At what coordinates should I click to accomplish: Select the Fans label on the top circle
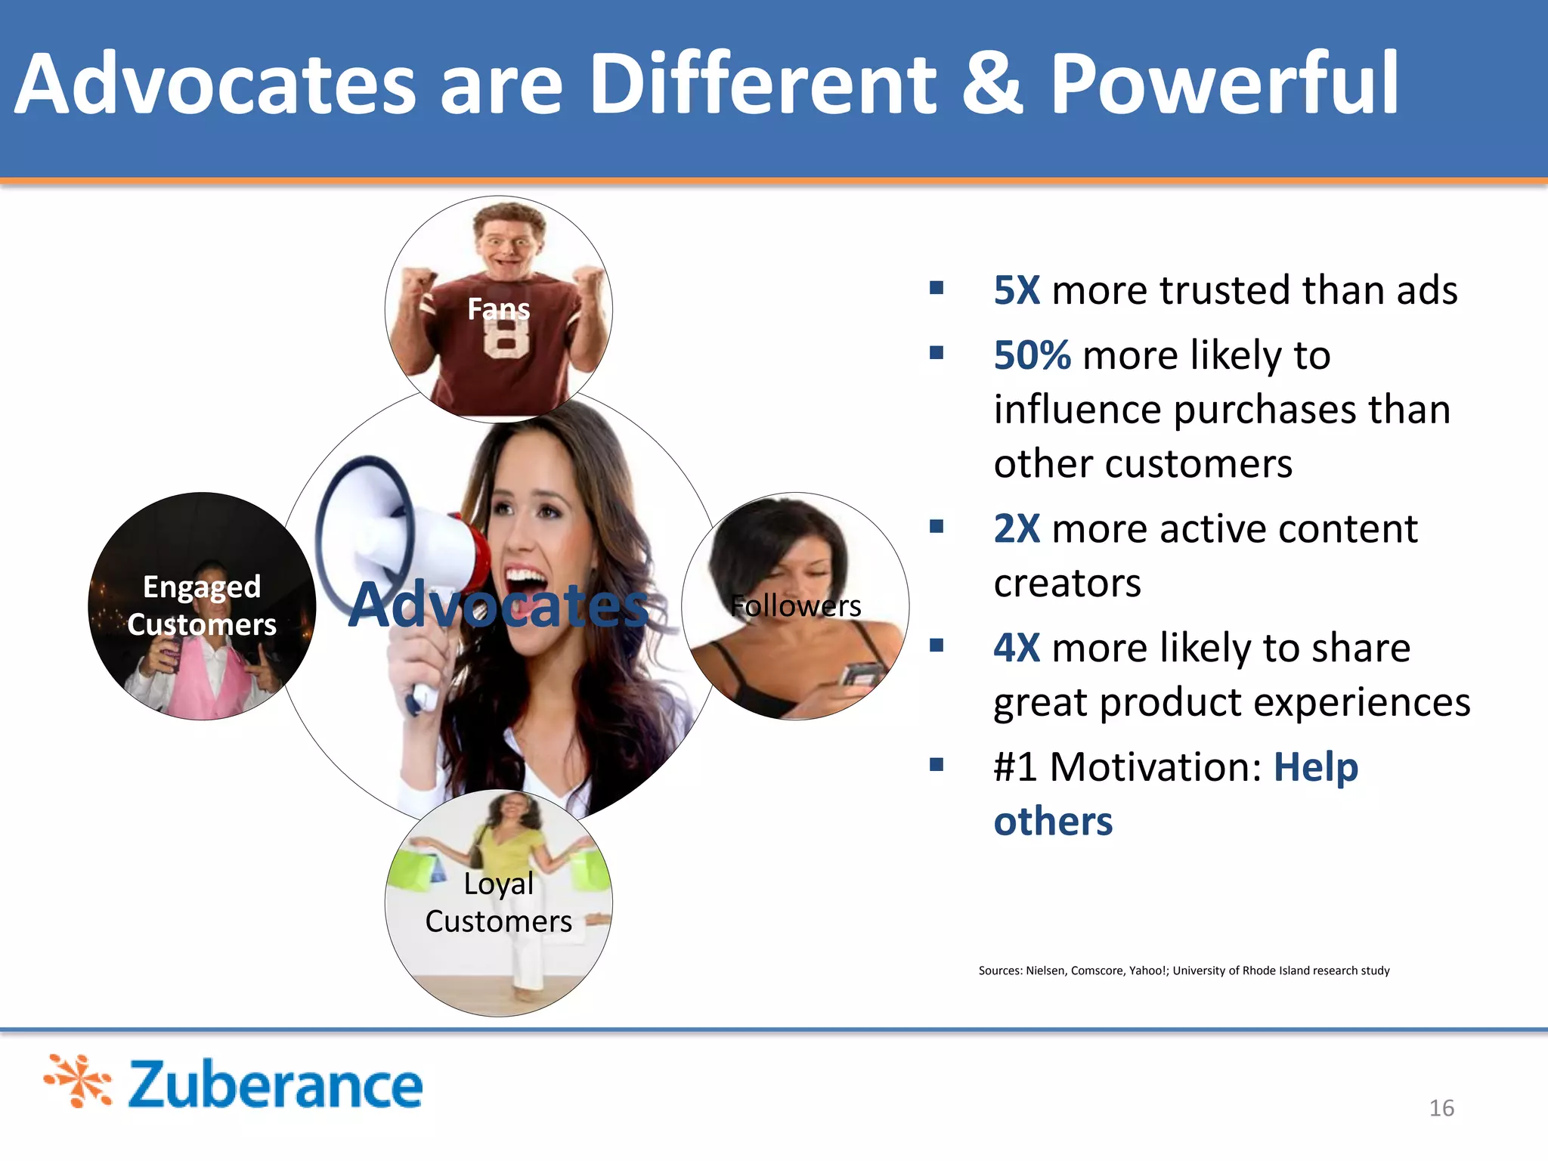click(498, 308)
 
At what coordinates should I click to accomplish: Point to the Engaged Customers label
click(202, 605)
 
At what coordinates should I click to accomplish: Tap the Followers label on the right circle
click(795, 606)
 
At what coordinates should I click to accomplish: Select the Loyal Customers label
click(498, 902)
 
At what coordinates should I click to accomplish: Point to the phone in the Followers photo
click(861, 672)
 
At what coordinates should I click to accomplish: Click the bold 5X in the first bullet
click(1016, 290)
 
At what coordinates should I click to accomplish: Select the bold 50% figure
click(1031, 355)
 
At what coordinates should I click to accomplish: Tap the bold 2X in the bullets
click(1016, 528)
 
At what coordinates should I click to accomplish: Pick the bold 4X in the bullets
click(1016, 648)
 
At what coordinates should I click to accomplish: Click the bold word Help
click(1315, 767)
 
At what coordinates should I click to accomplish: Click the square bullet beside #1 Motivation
click(937, 764)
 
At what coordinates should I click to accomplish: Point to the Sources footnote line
click(1184, 971)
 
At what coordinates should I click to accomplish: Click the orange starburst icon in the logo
click(78, 1082)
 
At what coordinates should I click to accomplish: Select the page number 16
click(1441, 1108)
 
